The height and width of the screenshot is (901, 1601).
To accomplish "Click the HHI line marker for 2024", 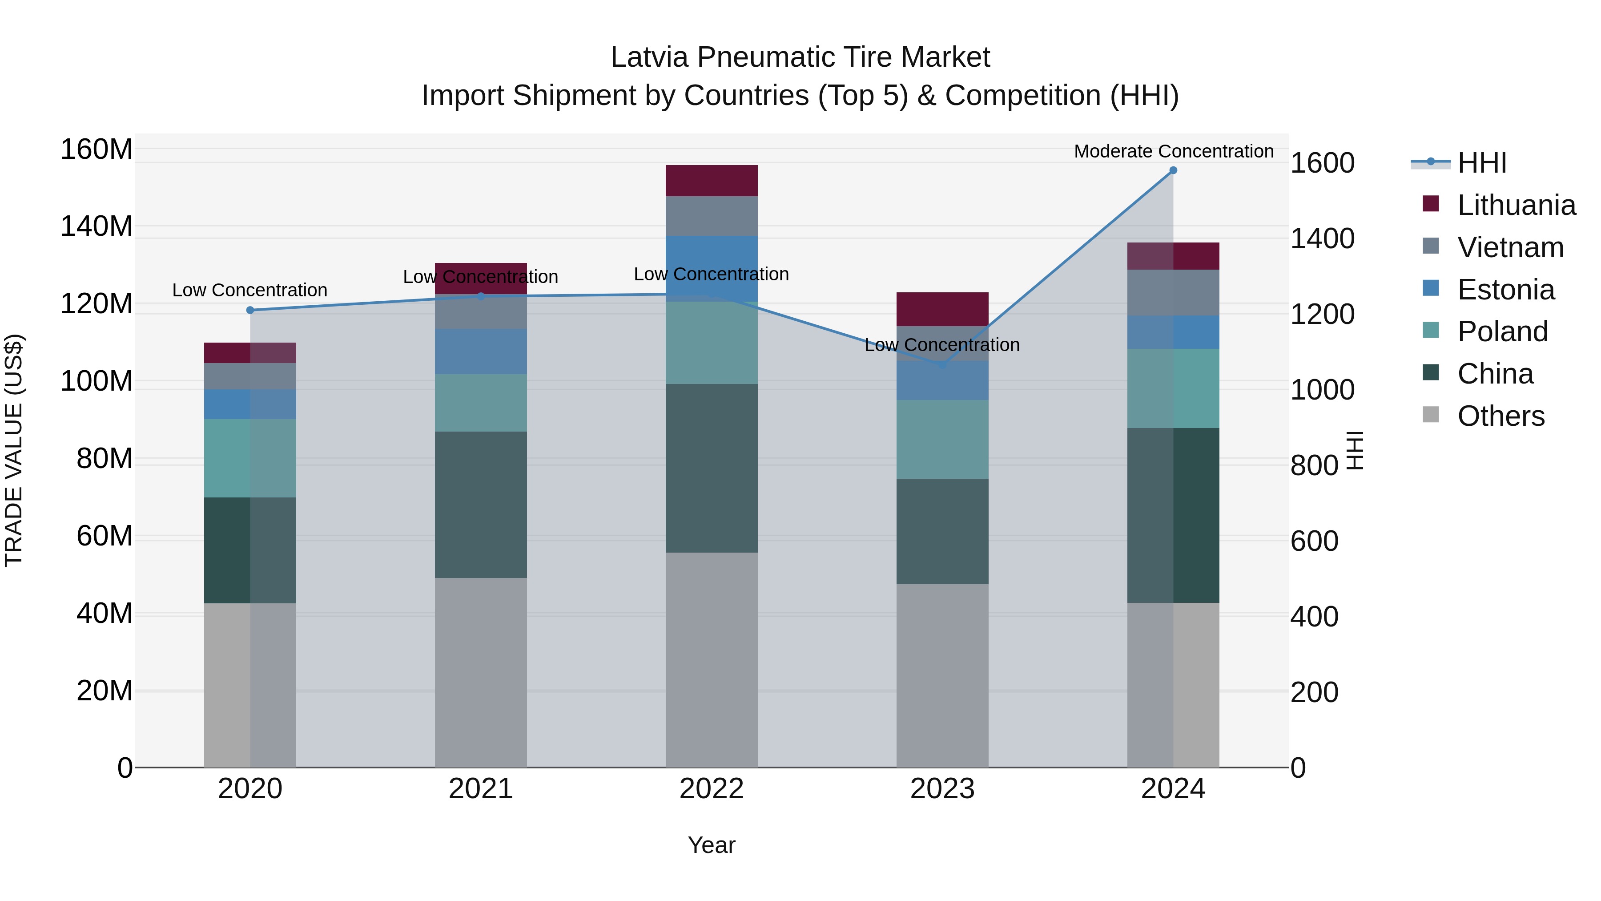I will click(1173, 170).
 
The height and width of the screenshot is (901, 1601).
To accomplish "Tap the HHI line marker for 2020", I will click(250, 310).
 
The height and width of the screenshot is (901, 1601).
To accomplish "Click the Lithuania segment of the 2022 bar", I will click(711, 181).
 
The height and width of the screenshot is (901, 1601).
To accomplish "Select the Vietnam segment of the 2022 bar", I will click(711, 216).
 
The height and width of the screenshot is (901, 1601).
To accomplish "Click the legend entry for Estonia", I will click(1505, 290).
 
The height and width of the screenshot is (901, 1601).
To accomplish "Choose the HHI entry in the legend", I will click(1482, 163).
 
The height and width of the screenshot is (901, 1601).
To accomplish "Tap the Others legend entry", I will click(1500, 416).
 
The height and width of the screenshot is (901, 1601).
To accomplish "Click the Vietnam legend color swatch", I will click(1431, 246).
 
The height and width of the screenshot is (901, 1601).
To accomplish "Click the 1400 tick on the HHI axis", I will click(1322, 239).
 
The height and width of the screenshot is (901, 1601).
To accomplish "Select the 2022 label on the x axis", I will click(711, 789).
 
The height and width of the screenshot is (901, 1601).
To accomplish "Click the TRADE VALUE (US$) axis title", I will click(14, 450).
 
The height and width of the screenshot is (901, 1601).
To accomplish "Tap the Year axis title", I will click(711, 845).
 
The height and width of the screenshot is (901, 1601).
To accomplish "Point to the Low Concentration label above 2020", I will click(250, 291).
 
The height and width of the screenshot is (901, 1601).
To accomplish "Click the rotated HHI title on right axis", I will click(1356, 450).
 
